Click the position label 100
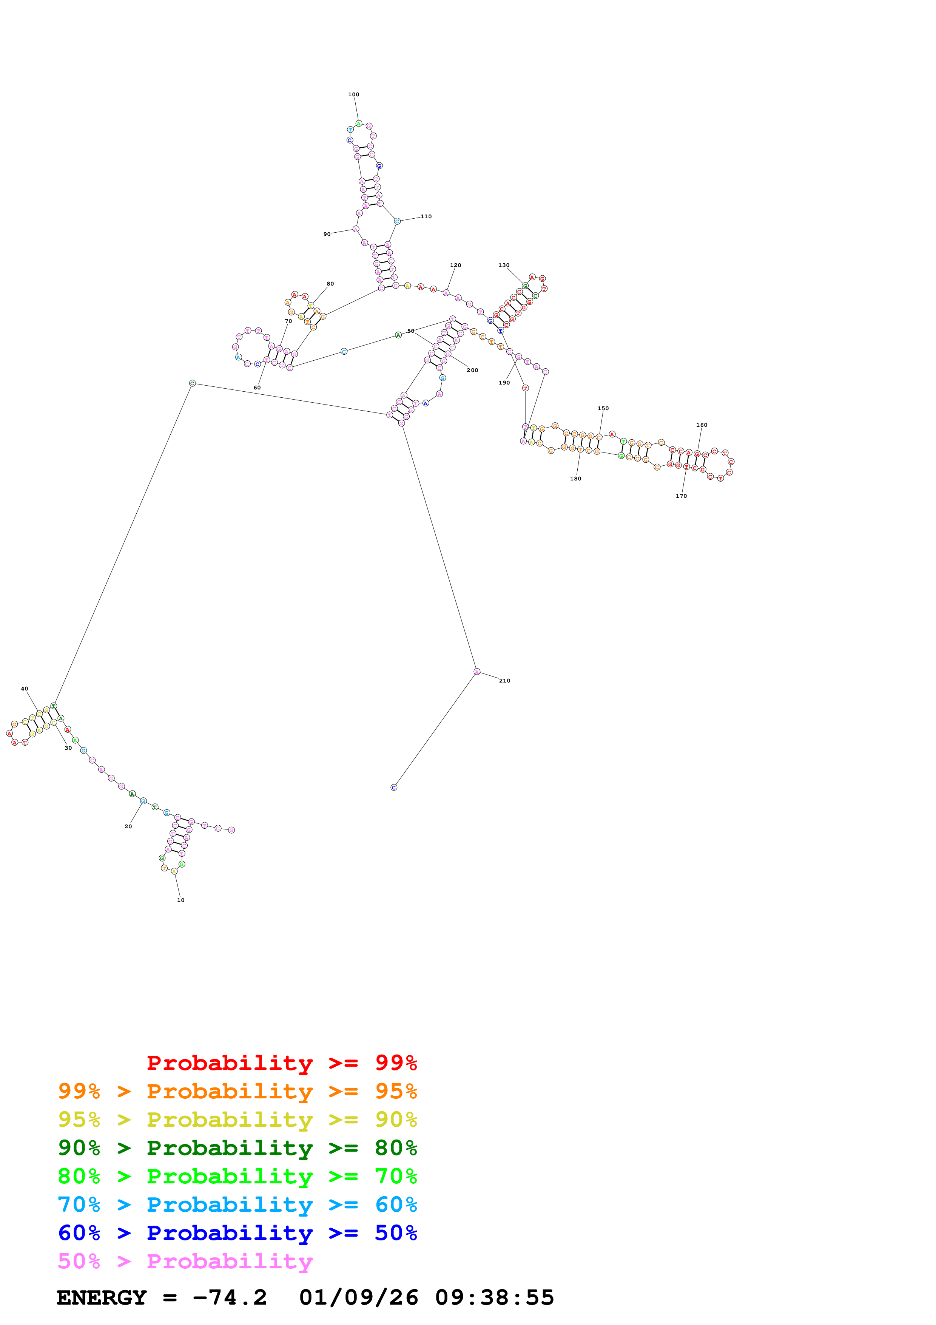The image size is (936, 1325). (353, 95)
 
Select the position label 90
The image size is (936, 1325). (327, 234)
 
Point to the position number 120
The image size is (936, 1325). (456, 266)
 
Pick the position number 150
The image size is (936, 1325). (603, 409)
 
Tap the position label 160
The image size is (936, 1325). (702, 425)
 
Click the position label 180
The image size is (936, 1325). (575, 479)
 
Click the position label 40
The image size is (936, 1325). (24, 689)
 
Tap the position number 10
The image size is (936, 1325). (180, 900)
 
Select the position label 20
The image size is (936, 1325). (128, 827)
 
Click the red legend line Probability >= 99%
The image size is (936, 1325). (282, 1063)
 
